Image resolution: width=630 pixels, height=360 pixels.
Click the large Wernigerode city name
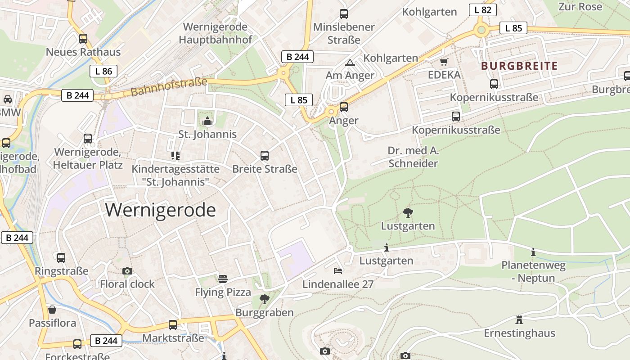(161, 210)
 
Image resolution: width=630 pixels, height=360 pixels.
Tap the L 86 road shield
(103, 71)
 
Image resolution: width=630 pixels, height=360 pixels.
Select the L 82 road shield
(482, 10)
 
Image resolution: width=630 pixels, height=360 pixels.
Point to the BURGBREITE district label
(519, 66)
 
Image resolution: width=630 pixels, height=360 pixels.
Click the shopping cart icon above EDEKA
(444, 62)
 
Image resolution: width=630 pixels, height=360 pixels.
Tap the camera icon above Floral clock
(127, 271)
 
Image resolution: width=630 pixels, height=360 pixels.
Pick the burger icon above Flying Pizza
(223, 279)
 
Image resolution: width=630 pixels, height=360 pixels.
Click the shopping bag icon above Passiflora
(52, 310)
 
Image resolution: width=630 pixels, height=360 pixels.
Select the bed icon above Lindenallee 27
(338, 270)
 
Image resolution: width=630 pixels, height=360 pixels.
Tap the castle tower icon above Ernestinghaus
(519, 320)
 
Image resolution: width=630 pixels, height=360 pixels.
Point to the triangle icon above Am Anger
(350, 63)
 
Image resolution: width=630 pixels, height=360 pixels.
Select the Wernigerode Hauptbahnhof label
(215, 33)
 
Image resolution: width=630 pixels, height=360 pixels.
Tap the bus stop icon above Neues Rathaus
(83, 39)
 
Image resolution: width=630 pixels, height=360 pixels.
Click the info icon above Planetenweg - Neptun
(533, 252)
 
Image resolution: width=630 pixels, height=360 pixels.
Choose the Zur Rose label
(580, 7)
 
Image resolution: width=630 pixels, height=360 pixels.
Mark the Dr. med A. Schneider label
(413, 157)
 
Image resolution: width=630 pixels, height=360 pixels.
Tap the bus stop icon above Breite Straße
(265, 156)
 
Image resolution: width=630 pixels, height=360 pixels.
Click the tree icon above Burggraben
(265, 299)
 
